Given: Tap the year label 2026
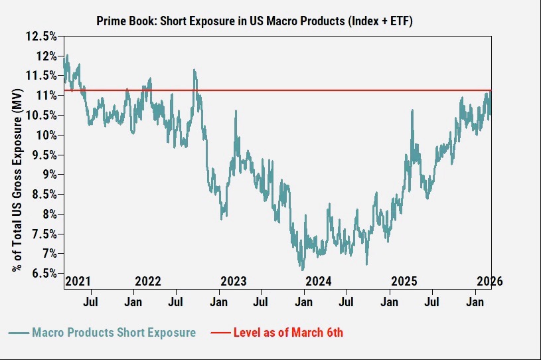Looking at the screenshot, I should pyautogui.click(x=490, y=281).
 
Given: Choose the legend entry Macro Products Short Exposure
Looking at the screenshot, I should pyautogui.click(x=114, y=332).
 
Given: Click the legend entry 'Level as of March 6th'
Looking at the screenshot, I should pyautogui.click(x=288, y=332).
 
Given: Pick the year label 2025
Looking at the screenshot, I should pyautogui.click(x=403, y=281).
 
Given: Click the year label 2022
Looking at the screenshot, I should pyautogui.click(x=148, y=281).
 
